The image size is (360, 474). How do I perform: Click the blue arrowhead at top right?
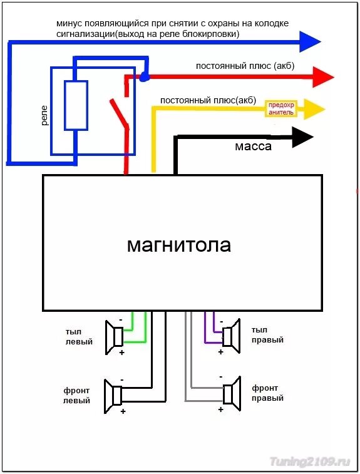[309, 41]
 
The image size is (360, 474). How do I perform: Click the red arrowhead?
[323, 77]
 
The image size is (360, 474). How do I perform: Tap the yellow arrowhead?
[314, 110]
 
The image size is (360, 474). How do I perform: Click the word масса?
[253, 147]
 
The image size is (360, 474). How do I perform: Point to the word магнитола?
[179, 245]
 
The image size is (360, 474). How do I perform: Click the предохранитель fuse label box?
[280, 109]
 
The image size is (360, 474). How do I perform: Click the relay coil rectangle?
[75, 105]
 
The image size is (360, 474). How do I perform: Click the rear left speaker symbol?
[114, 337]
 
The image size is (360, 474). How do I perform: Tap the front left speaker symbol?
[114, 395]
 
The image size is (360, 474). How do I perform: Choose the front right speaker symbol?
[232, 392]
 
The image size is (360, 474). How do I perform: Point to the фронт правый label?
[267, 393]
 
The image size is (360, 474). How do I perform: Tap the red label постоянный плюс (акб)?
[245, 66]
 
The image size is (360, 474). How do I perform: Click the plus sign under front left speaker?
[123, 411]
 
